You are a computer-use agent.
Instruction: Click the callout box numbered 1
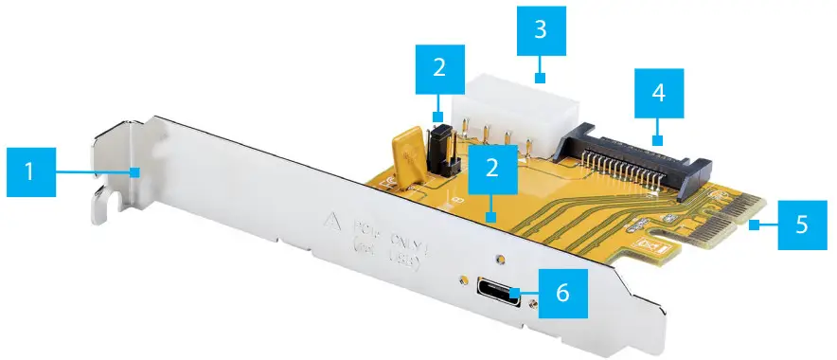tap(29, 171)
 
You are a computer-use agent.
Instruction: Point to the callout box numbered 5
tap(801, 225)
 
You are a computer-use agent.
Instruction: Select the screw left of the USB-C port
tap(463, 280)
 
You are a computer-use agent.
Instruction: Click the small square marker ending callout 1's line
tap(137, 171)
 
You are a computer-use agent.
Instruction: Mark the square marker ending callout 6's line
tap(517, 293)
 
